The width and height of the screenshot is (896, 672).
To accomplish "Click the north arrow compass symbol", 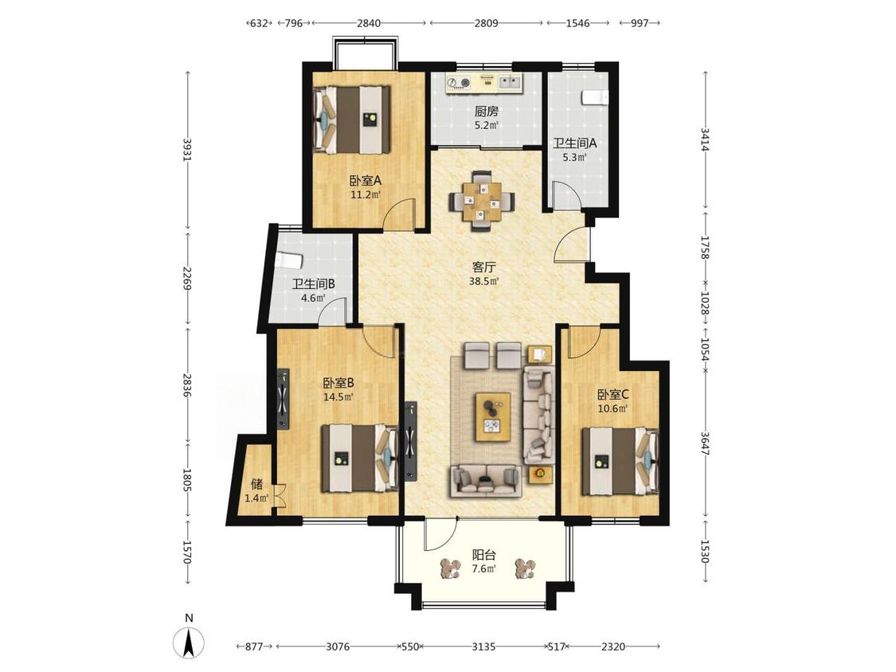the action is [190, 643].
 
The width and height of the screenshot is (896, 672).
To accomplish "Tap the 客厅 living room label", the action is [483, 267].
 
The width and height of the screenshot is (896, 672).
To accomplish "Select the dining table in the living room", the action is [483, 201].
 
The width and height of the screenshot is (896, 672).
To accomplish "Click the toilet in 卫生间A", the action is [595, 97].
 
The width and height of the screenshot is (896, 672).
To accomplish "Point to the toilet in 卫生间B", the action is [288, 260].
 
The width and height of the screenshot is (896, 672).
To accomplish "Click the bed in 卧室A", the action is [351, 119].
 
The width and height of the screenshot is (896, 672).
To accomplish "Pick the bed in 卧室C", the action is [620, 461].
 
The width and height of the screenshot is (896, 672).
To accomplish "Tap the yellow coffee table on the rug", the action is [493, 416].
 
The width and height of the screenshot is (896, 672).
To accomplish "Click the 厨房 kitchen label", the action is [487, 111].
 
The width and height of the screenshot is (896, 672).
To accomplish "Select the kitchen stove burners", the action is [458, 83].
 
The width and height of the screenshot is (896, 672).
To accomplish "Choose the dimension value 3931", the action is [185, 150].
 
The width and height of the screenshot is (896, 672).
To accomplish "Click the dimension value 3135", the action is [483, 647].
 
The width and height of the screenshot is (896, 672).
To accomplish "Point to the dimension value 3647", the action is [705, 442].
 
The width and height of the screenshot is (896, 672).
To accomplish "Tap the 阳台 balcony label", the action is [483, 555].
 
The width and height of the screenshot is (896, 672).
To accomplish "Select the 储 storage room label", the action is [256, 484].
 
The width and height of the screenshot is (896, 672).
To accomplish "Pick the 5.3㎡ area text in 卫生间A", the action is [575, 157].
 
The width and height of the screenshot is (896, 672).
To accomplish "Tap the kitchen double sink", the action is [511, 83].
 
